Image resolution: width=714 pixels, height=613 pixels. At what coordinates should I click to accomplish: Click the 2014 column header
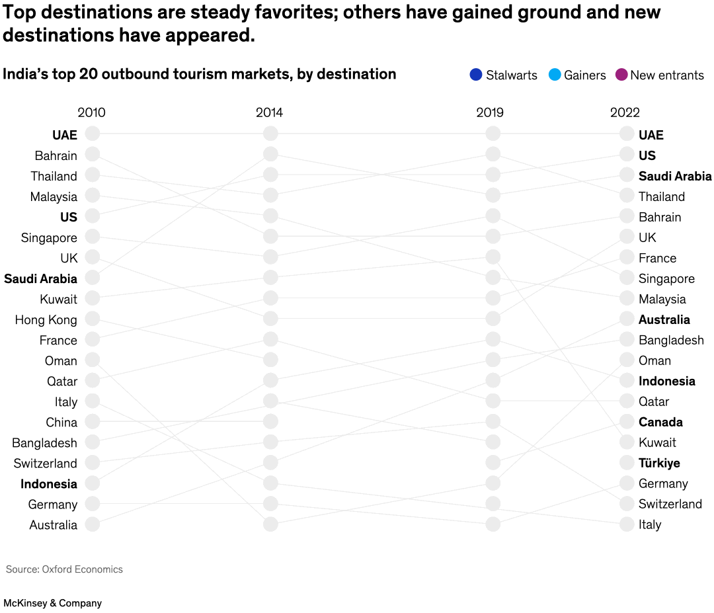pos(269,112)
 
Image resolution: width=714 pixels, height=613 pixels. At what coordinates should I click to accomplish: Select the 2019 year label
pos(489,112)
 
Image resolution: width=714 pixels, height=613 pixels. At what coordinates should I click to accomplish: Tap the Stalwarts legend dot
pos(476,75)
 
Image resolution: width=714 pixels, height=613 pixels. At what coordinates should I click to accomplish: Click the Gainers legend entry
pos(577,75)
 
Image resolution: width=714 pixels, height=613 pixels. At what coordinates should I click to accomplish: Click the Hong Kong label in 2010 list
pos(46,320)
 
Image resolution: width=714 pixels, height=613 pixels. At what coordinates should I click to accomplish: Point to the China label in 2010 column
pos(61,423)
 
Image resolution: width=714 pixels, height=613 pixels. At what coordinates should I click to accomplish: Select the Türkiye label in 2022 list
pos(659,463)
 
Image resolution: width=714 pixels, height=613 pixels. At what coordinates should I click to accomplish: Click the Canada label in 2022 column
pos(660,422)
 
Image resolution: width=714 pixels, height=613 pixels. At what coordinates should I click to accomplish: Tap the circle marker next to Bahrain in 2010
pos(92,154)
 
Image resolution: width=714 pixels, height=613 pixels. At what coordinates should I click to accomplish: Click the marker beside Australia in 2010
pos(92,524)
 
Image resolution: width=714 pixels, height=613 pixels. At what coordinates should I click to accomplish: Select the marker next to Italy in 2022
pos(627,524)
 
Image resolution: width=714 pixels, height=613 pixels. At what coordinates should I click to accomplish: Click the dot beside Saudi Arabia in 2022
pos(627,175)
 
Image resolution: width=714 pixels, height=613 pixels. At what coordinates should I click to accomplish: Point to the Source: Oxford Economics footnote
pos(64,569)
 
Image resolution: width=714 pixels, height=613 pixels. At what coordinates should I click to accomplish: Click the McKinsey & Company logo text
pos(52,603)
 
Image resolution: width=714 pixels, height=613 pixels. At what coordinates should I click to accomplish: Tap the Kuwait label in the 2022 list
pos(657,442)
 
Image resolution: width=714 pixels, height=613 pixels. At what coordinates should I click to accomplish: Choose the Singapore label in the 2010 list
pos(49,238)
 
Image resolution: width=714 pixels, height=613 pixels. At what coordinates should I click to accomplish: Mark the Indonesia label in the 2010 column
pos(49,484)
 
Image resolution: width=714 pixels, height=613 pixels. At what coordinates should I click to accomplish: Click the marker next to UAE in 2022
pos(627,134)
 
